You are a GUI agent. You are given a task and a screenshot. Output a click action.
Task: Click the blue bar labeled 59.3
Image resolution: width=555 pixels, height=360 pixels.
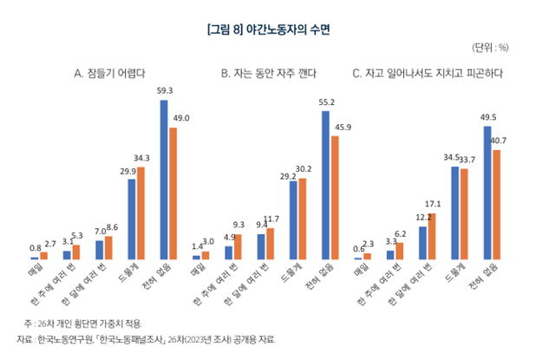[164, 180]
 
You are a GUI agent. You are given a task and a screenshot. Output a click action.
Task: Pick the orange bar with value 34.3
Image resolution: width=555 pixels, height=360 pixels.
[141, 213]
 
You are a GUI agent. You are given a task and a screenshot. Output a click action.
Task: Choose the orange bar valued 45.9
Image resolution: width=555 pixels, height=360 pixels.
[336, 198]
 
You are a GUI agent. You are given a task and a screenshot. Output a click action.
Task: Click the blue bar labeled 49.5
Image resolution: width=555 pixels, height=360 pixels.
[487, 193]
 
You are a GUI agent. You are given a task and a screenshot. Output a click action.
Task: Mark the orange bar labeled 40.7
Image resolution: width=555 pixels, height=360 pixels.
[497, 205]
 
